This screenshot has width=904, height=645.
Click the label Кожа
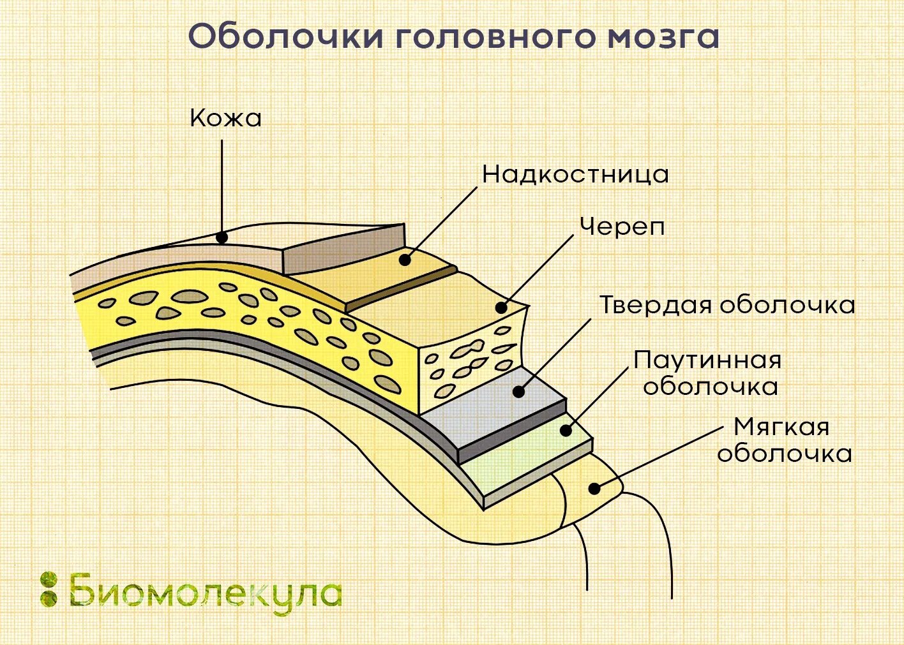[x=225, y=119]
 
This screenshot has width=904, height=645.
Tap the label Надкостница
[x=575, y=174]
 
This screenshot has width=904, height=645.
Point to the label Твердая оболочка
[x=727, y=305]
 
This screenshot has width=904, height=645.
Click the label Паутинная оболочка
[x=709, y=373]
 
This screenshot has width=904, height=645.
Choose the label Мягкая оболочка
[x=784, y=440]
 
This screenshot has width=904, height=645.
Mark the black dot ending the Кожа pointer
[x=222, y=238]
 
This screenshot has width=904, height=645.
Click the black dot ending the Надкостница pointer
[x=405, y=259]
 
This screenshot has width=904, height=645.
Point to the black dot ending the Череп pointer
[x=501, y=308]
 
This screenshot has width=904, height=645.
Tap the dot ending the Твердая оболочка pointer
[x=518, y=392]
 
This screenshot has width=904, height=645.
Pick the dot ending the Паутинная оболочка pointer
[x=566, y=431]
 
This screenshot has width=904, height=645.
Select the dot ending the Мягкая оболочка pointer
[x=594, y=489]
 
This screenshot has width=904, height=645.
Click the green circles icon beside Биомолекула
[x=49, y=589]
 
